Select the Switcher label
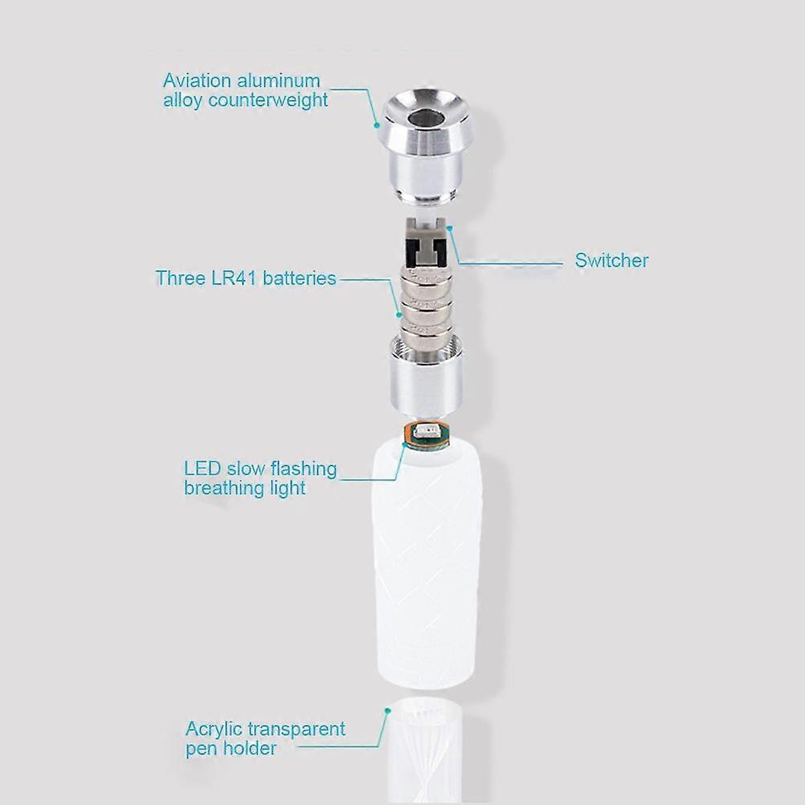click(x=611, y=260)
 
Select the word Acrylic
click(x=214, y=729)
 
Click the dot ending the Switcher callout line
click(x=452, y=227)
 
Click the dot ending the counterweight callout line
click(x=376, y=125)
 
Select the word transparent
click(x=296, y=729)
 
